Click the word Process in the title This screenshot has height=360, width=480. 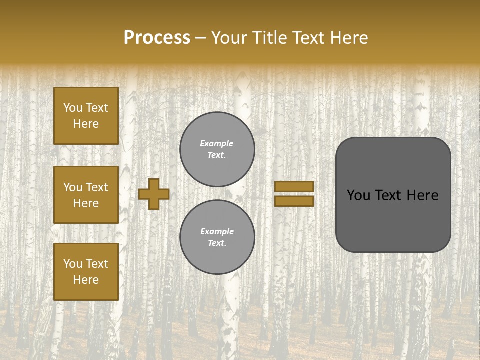tap(157, 38)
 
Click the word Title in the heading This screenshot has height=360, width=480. tap(269, 38)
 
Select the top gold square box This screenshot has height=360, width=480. tap(86, 116)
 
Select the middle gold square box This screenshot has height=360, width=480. tap(86, 195)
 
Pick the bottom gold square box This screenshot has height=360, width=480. tap(86, 271)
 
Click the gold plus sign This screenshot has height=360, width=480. tap(154, 194)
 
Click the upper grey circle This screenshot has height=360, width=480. tap(217, 149)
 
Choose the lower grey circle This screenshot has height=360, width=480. tap(217, 237)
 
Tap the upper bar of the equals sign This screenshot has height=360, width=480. tap(294, 187)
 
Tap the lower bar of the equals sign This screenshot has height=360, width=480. tap(294, 201)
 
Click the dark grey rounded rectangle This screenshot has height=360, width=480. tap(393, 220)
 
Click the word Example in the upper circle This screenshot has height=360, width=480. tap(217, 143)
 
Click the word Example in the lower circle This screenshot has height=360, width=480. tap(217, 231)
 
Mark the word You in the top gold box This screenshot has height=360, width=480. tap(72, 108)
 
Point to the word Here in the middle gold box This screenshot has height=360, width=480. tap(86, 203)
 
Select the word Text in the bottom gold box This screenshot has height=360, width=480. tap(97, 263)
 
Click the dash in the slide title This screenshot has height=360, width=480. tap(201, 38)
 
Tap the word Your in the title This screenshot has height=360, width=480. tap(229, 38)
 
